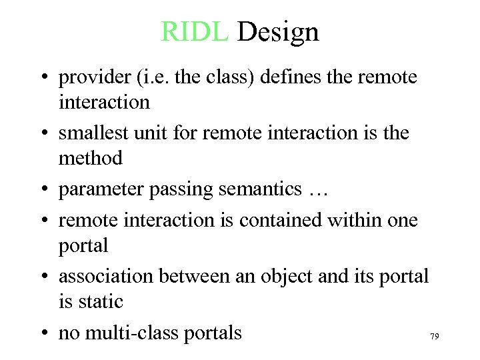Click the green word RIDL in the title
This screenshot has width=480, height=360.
click(195, 31)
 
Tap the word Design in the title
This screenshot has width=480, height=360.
click(278, 31)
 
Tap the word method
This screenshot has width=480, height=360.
click(91, 158)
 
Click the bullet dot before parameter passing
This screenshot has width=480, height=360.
click(43, 190)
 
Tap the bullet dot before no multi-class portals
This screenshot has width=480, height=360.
click(43, 333)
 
